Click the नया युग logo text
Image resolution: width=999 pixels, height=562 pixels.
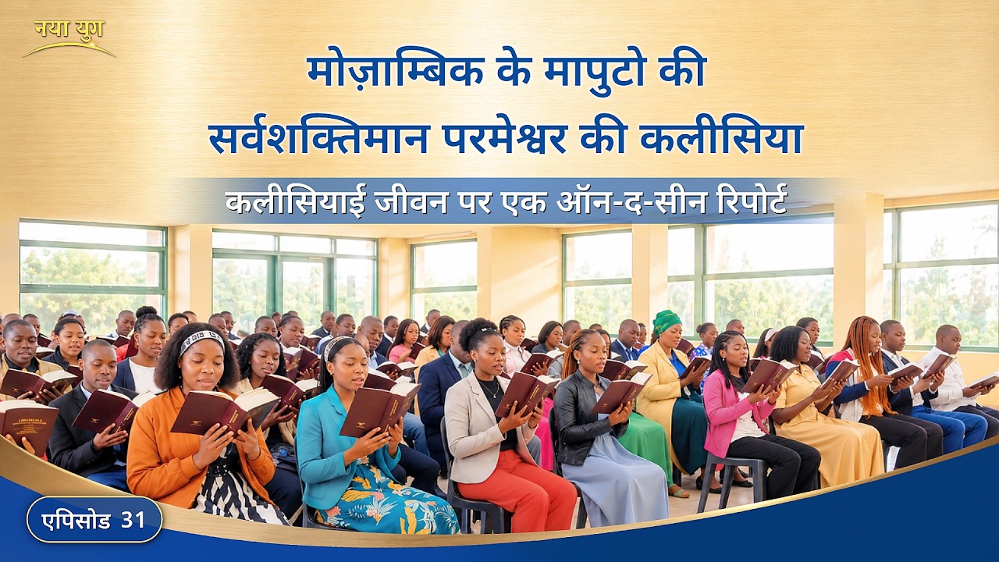click(x=69, y=30)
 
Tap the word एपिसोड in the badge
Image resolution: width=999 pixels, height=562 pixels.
click(x=76, y=521)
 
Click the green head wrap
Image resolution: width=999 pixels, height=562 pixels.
click(x=667, y=322)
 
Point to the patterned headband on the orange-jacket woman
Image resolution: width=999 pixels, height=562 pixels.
click(x=201, y=341)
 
